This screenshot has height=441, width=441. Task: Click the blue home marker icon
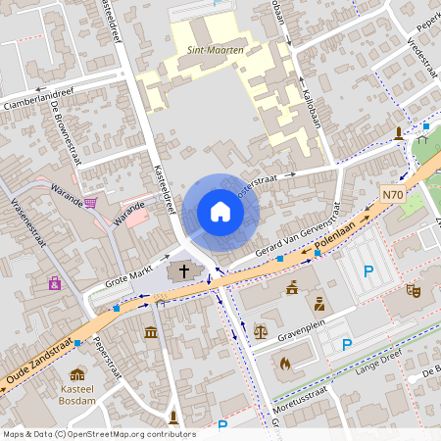click(220, 212)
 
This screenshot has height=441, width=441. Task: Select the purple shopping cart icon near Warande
click(90, 204)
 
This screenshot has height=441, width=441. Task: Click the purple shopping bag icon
click(55, 284)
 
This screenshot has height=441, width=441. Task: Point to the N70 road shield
click(393, 195)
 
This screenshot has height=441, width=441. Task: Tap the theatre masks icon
click(413, 290)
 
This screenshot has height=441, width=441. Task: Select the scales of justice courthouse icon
click(260, 331)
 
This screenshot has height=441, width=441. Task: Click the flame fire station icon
click(285, 364)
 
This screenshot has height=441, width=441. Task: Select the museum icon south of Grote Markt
click(151, 334)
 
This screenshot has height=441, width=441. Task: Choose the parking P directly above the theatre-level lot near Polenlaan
click(368, 270)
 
